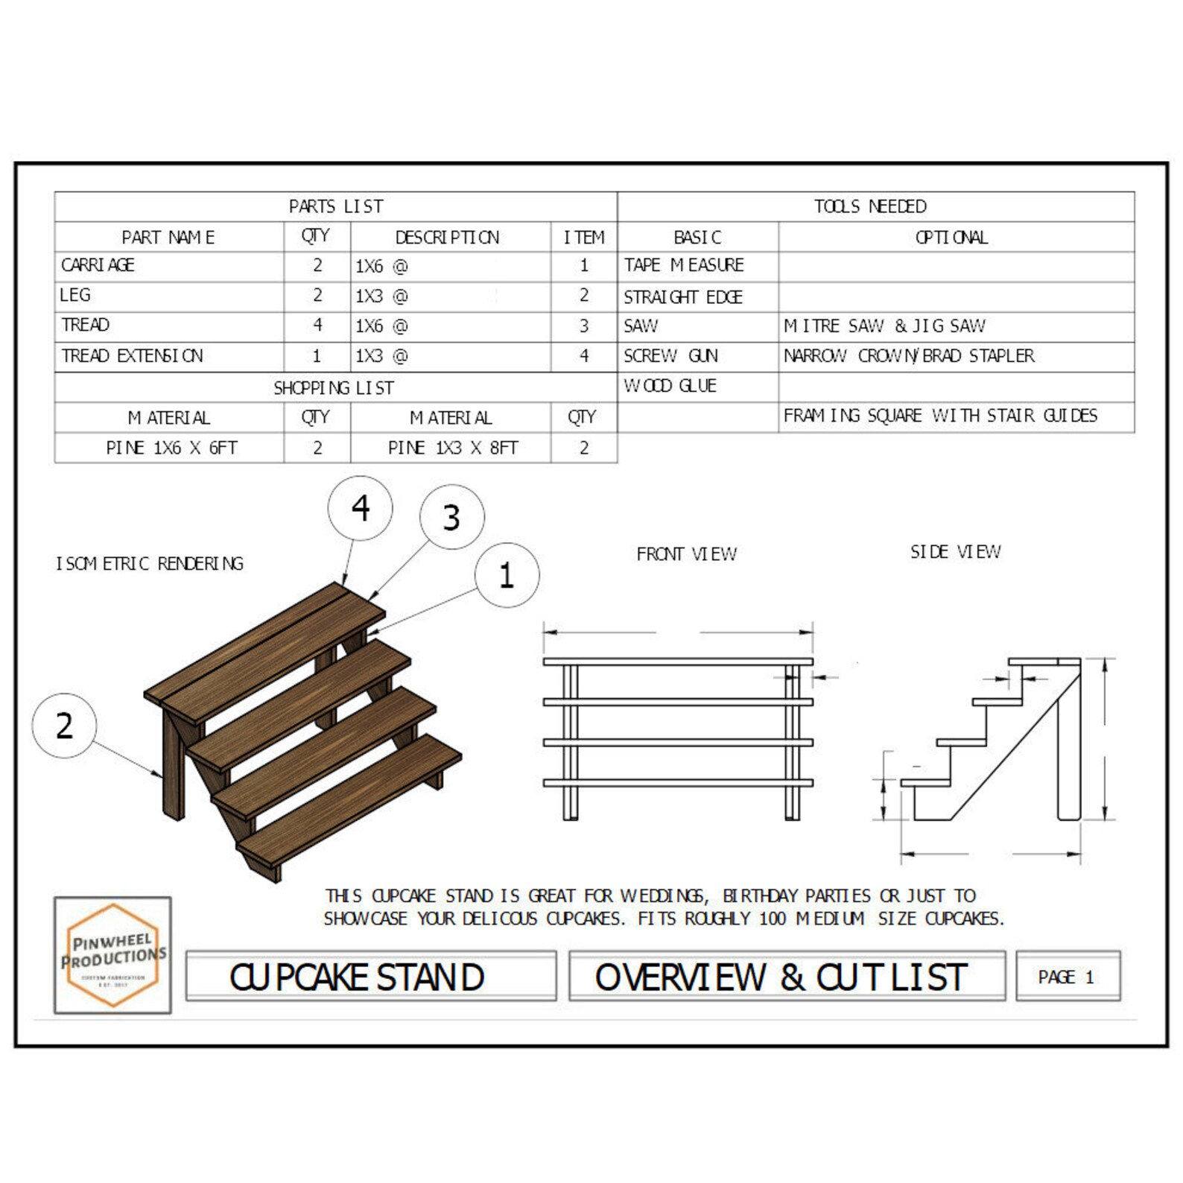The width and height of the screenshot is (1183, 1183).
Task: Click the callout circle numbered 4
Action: click(x=361, y=508)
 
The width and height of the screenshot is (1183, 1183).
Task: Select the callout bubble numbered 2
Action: click(x=65, y=726)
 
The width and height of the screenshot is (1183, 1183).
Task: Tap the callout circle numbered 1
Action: click(x=507, y=575)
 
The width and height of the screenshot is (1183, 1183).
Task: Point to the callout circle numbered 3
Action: click(x=451, y=517)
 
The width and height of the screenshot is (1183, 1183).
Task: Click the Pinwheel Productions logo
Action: click(x=112, y=955)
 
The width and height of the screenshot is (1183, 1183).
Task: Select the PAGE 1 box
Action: click(x=1067, y=977)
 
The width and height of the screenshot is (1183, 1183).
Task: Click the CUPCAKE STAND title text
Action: click(x=358, y=977)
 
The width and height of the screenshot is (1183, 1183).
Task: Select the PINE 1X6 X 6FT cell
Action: click(x=171, y=448)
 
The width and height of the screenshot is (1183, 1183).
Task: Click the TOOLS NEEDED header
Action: click(x=870, y=206)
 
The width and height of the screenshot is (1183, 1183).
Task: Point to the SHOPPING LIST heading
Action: click(x=334, y=388)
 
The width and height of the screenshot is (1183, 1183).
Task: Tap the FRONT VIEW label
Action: click(x=686, y=554)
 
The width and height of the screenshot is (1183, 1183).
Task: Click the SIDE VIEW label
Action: click(x=955, y=552)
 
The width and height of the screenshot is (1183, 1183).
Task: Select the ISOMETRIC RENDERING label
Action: click(x=150, y=564)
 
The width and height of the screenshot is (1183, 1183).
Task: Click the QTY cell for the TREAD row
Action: click(x=317, y=326)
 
